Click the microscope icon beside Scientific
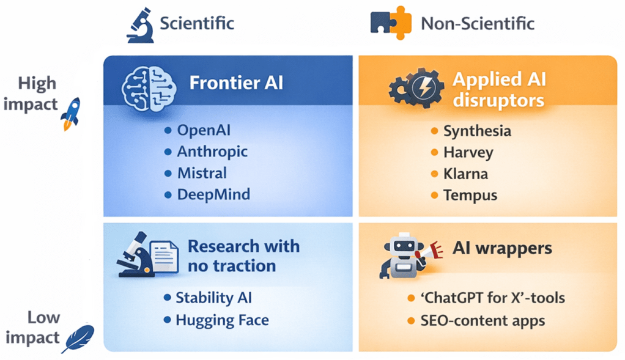click(140, 25)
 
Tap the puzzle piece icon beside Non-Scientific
click(391, 23)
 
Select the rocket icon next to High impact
click(70, 114)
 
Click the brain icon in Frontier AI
click(149, 89)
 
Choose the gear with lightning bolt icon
click(416, 88)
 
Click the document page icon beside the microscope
click(163, 257)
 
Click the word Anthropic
click(212, 152)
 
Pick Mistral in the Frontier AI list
click(202, 173)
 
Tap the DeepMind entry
click(213, 195)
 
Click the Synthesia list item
click(477, 131)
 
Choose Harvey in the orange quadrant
click(468, 153)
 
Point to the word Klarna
click(465, 174)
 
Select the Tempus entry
click(470, 196)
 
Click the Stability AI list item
click(213, 298)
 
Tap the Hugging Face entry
click(223, 320)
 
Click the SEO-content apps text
click(483, 321)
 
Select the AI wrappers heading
click(502, 248)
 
